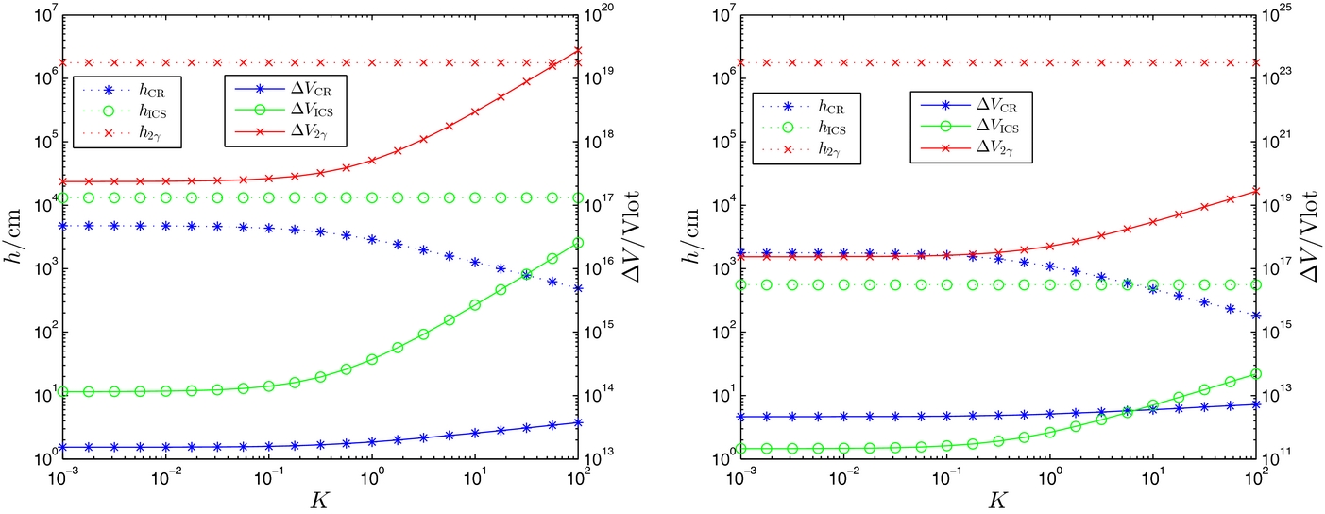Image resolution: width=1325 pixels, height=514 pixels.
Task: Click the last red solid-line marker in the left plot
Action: pos(578,51)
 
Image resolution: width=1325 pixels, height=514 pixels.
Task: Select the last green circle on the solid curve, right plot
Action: pos(1256,374)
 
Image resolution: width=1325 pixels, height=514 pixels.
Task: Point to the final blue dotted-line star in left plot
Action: pos(578,288)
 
